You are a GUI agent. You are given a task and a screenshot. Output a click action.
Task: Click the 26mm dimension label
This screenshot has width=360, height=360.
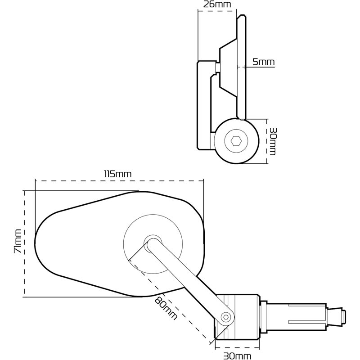click(217, 4)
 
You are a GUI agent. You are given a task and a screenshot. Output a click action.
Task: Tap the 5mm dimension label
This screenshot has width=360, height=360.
click(263, 62)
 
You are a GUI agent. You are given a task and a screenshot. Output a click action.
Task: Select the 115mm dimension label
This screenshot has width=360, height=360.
click(118, 174)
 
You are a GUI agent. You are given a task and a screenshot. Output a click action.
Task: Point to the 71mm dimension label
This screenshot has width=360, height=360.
click(18, 241)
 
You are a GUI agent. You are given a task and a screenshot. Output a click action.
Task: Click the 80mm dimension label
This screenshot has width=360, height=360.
click(166, 308)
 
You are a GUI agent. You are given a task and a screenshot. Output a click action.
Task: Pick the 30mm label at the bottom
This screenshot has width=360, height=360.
click(237, 356)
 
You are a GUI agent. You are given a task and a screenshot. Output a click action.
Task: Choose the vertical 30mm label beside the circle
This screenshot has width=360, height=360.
click(273, 141)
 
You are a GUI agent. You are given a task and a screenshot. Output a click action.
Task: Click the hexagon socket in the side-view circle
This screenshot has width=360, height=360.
click(236, 141)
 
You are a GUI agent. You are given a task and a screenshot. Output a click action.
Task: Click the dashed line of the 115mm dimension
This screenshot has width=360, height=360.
click(119, 181)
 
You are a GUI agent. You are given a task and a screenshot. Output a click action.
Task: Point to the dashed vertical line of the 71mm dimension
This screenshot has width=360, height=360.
click(24, 243)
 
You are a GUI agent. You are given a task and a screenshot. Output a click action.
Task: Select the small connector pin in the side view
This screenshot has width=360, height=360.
click(218, 67)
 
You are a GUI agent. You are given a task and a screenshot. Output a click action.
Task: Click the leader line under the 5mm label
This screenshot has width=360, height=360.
click(256, 67)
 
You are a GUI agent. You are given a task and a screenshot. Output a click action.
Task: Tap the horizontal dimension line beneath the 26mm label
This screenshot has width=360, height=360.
click(217, 10)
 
